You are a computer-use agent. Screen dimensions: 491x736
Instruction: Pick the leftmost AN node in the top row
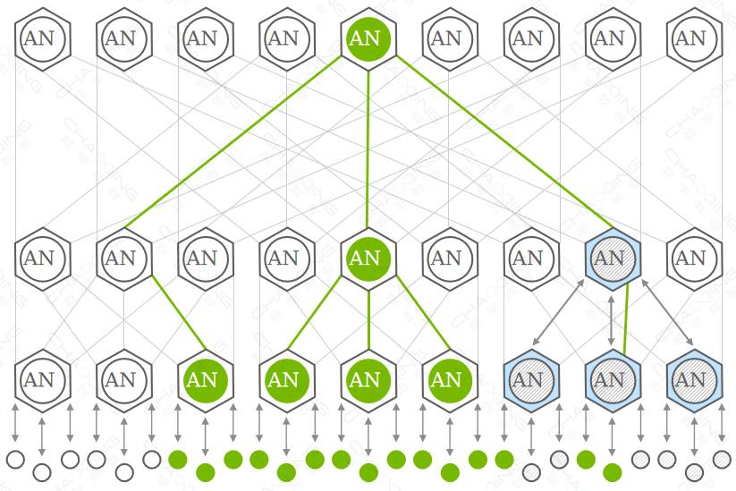[x=39, y=38]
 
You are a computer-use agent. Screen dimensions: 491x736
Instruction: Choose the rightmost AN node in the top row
[x=690, y=38]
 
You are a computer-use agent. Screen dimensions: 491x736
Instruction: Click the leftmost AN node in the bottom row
[x=39, y=380]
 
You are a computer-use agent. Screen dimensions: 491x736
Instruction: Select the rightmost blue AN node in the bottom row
[x=690, y=380]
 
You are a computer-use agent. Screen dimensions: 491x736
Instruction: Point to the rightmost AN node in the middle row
[x=690, y=258]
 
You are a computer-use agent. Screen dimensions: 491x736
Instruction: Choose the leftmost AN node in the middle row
[x=39, y=258]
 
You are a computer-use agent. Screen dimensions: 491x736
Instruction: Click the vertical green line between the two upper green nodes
[x=368, y=148]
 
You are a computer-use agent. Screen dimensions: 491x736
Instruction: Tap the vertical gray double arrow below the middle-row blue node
[x=611, y=317]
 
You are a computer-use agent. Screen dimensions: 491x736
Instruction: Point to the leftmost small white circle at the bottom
[x=15, y=460]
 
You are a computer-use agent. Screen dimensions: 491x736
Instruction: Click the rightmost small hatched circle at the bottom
[x=722, y=460]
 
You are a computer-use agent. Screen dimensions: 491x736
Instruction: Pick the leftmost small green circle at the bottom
[x=178, y=460]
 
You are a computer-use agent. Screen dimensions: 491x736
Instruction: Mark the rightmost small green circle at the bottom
[x=613, y=471]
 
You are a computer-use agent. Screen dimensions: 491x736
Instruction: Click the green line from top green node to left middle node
[x=233, y=143]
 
